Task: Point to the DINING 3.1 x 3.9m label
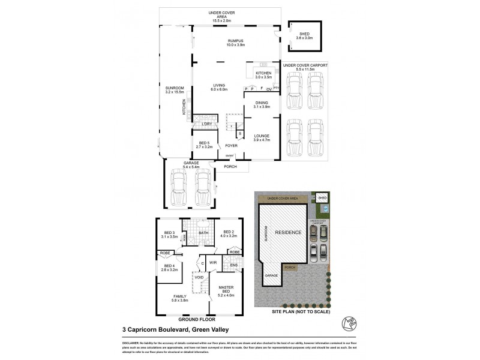point(262,104)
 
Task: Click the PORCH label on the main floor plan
point(229,167)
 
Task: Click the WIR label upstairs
point(212,263)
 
